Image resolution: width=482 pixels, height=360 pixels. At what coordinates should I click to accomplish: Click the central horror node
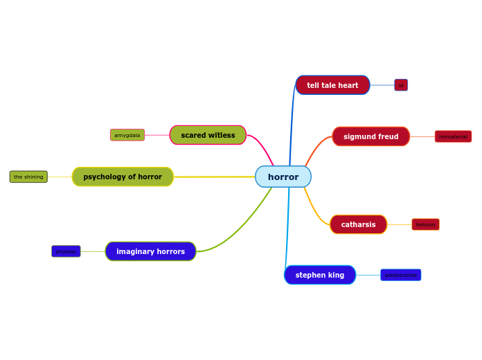coord(283,177)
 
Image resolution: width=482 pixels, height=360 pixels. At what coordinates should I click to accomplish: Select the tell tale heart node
coord(332,85)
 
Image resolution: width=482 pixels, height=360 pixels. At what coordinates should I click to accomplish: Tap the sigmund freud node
coord(371,136)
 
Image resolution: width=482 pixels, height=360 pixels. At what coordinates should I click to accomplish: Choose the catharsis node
coord(358,224)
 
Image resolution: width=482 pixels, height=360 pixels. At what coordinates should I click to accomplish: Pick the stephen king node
coord(319,275)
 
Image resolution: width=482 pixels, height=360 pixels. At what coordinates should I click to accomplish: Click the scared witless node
coord(208,135)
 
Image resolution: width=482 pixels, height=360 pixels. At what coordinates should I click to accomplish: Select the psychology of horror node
coord(123,177)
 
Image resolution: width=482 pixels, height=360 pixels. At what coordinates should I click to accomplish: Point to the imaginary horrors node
coord(150,251)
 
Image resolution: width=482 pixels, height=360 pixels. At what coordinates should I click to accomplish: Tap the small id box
coord(401,85)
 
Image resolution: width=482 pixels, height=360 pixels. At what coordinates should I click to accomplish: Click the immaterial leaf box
coord(453,136)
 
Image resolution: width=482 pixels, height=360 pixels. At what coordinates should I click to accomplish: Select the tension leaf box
coord(425,224)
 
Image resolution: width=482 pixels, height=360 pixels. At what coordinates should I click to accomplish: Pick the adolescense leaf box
coord(400,275)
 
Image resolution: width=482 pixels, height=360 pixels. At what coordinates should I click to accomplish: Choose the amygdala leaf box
coord(127,135)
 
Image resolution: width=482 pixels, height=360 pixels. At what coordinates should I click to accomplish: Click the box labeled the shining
coord(28,177)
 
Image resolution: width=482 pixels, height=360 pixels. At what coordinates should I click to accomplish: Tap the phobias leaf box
coord(66,251)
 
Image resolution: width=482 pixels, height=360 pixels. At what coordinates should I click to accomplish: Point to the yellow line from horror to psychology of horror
coord(215,177)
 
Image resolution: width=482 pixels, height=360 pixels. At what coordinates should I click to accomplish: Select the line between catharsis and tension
coord(400,224)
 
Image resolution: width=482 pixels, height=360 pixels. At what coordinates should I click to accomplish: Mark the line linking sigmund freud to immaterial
coord(422,136)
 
